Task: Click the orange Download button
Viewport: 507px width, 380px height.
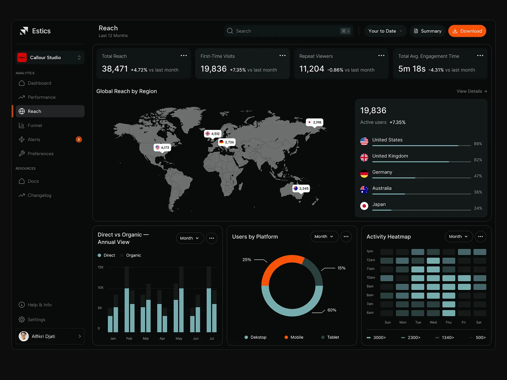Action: point(467,31)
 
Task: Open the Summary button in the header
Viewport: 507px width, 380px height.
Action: point(427,31)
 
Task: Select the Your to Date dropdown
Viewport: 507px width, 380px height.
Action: point(385,31)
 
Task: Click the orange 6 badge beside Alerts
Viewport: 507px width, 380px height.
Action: point(79,139)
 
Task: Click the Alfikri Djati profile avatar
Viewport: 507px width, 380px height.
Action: point(23,336)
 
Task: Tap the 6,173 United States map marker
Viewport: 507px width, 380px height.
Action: point(162,148)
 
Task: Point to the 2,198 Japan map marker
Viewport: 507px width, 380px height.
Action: point(314,122)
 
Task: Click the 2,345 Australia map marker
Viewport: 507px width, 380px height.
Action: point(301,188)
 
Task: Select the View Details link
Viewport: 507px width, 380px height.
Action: point(472,91)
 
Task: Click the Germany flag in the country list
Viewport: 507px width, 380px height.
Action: point(364,174)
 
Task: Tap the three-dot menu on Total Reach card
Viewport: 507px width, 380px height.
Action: point(183,56)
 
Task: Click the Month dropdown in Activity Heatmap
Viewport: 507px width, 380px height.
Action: point(459,237)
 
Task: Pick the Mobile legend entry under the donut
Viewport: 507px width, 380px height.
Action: point(294,337)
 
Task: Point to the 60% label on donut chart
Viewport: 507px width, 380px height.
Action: point(332,310)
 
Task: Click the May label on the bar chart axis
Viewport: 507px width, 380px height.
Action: point(179,339)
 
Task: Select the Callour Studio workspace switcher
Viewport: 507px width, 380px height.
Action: point(50,57)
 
